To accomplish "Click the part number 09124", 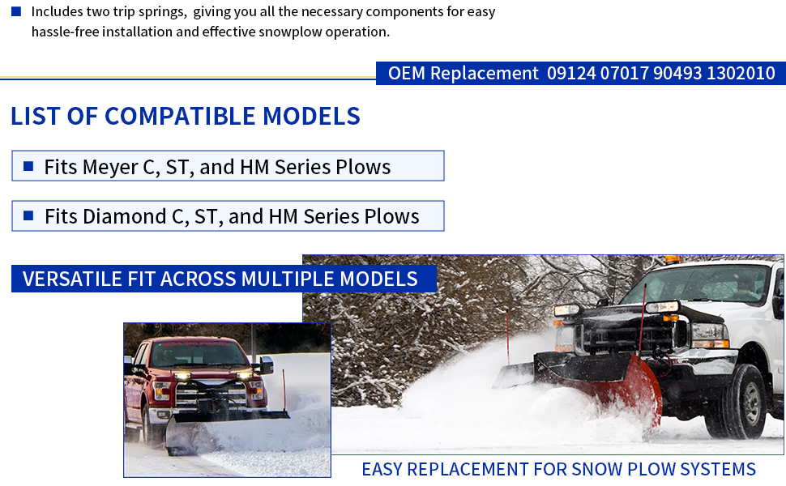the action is point(571,73).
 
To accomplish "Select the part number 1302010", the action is point(741,73).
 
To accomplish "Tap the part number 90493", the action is point(677,73).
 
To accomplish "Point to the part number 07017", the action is point(624,73).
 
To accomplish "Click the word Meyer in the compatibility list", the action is point(109,168).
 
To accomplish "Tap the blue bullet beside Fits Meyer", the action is point(28,166).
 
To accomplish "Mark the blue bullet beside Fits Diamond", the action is point(28,215).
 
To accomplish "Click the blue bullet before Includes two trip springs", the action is point(16,11).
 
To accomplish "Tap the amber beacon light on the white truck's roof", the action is point(673,259).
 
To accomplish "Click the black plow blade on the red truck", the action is point(225,426).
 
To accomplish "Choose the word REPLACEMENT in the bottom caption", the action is point(468,470).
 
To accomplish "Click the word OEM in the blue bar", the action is point(407,73).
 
